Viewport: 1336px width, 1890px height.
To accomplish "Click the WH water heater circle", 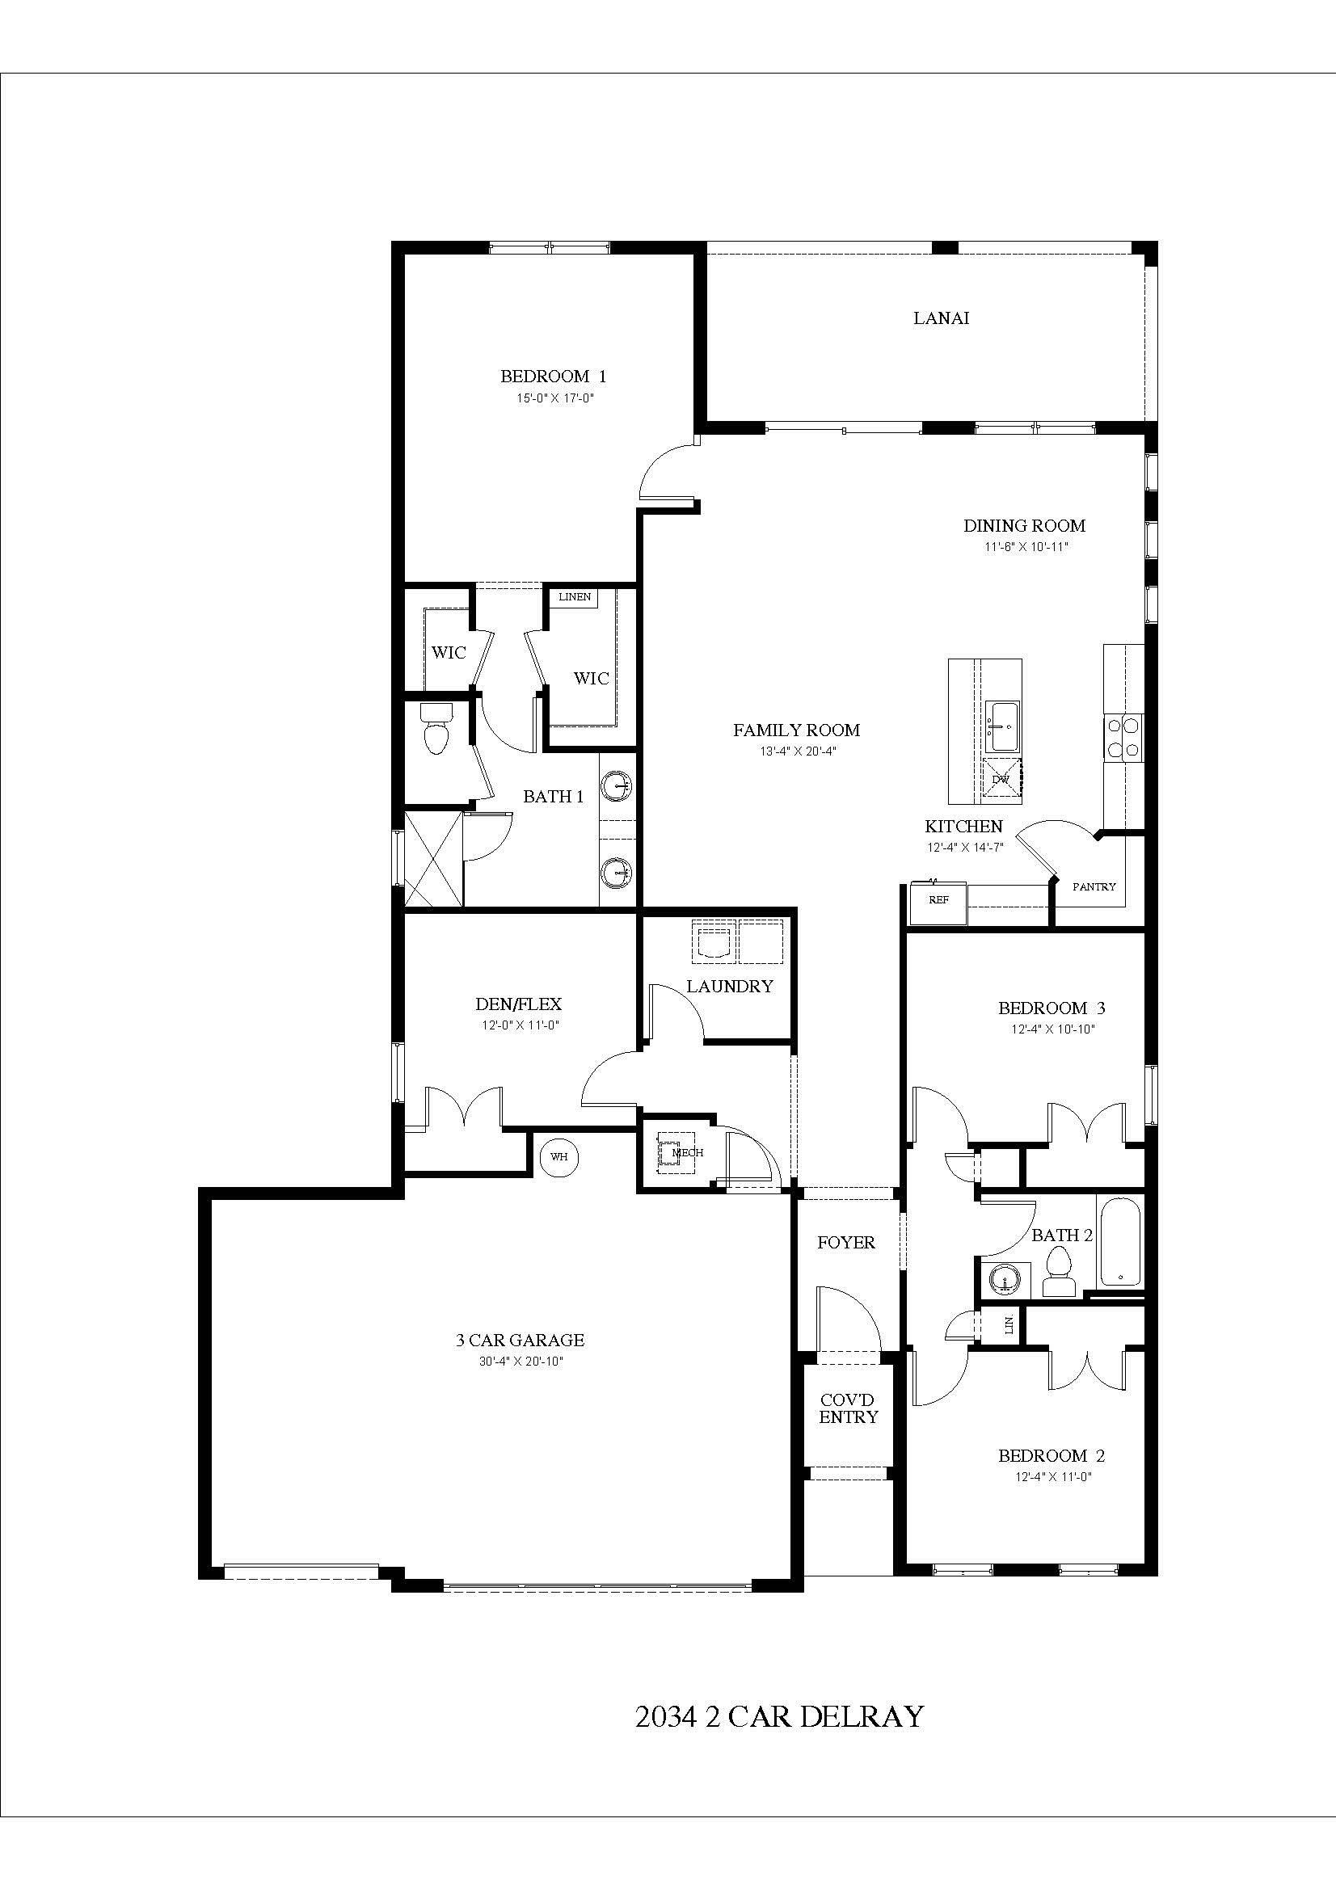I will (559, 1156).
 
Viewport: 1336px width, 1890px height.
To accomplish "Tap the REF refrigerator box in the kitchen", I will (938, 900).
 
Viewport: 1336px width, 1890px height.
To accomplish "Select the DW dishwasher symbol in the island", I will (1001, 779).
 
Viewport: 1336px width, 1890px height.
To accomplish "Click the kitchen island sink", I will (1004, 727).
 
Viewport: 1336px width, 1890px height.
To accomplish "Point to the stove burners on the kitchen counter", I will (1123, 737).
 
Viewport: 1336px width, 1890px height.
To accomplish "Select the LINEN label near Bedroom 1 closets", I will (575, 597).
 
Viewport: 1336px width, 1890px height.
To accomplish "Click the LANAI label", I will (941, 318).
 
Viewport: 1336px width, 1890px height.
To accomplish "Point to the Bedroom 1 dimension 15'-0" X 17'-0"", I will (554, 398).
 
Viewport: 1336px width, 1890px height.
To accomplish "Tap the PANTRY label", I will (1094, 886).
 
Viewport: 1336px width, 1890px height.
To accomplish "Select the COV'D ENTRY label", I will (848, 1408).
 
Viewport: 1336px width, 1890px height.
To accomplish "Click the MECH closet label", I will (687, 1153).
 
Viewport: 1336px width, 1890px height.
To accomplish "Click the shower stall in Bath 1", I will (433, 858).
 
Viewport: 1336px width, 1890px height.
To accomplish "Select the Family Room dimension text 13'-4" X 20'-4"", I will (798, 751).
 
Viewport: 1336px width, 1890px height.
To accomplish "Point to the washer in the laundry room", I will (713, 941).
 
